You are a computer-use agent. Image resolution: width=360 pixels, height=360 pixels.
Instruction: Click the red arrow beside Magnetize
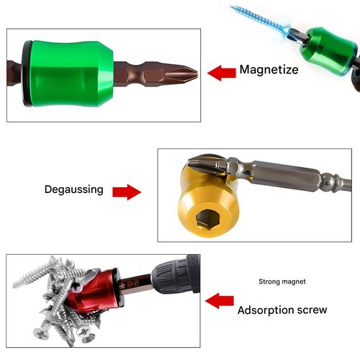221,71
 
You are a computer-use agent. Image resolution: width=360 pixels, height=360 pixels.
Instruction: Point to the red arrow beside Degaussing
125,192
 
